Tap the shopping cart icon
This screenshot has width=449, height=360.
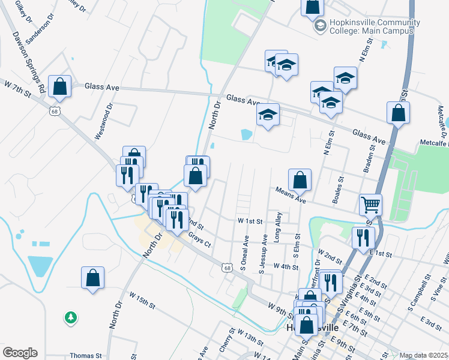(370, 205)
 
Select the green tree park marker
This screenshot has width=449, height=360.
(71, 316)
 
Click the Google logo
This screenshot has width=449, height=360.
(20, 353)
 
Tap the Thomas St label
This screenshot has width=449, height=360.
(82, 355)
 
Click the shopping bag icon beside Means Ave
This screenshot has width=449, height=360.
(300, 179)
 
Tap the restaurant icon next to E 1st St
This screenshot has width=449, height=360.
(363, 237)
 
